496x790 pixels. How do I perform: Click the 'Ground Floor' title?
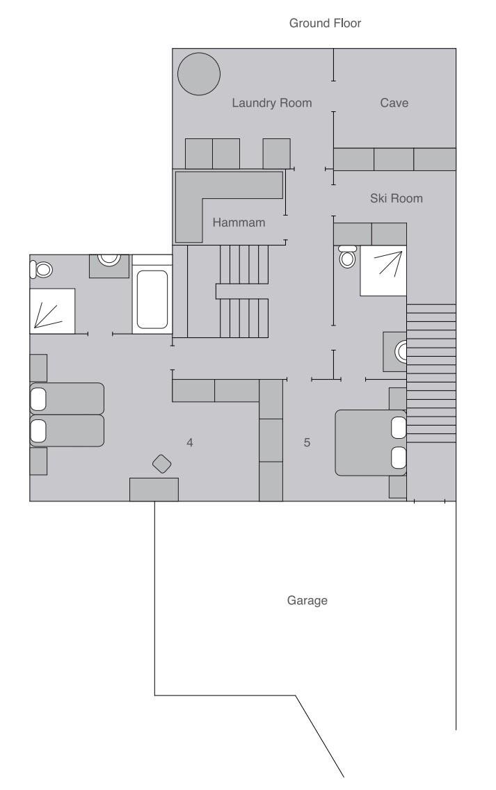pos(325,23)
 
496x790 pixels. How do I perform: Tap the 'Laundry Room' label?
pos(272,104)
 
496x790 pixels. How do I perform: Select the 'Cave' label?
pos(394,103)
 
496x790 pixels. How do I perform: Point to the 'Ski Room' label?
pos(397,198)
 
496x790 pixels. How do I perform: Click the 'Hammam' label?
pos(239,223)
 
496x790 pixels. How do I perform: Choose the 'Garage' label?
pos(307,601)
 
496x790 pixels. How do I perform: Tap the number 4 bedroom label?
pos(189,442)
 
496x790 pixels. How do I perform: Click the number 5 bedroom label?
pos(307,442)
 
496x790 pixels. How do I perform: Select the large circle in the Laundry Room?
pos(199,74)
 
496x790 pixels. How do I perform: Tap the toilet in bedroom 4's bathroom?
pos(41,270)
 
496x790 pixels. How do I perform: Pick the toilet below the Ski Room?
pos(347,257)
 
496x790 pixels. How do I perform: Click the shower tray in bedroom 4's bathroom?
pos(52,311)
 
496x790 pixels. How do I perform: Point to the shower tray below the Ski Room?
pos(383,271)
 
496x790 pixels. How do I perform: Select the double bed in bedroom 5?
pos(371,442)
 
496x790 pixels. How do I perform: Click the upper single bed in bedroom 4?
pos(67,398)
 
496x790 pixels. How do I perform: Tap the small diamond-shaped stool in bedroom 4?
pos(162,464)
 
